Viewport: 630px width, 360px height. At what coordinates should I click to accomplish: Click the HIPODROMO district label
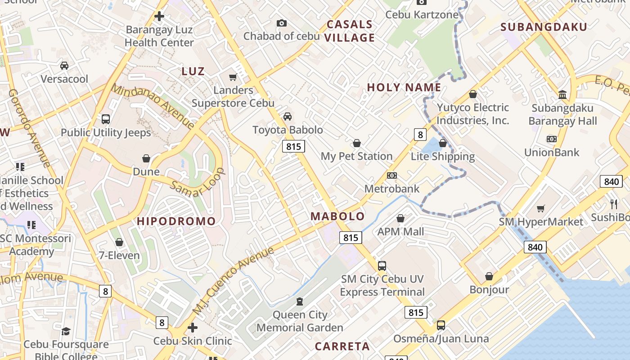(176, 221)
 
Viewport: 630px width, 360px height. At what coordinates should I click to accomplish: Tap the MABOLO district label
(337, 216)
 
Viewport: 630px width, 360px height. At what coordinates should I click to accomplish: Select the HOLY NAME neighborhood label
(404, 87)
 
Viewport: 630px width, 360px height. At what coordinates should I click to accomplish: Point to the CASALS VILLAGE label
(350, 31)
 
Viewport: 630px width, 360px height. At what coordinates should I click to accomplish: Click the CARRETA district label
(342, 346)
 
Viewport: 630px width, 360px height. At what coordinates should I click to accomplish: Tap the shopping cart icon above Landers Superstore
(233, 77)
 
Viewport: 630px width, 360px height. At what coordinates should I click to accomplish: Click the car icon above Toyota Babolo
(288, 117)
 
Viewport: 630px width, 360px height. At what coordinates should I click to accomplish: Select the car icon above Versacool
(64, 66)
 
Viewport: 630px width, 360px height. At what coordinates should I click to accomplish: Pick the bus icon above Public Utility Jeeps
(106, 119)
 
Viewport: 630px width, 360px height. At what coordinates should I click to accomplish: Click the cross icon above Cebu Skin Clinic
(193, 328)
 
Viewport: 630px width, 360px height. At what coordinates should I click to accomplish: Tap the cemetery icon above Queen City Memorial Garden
(300, 301)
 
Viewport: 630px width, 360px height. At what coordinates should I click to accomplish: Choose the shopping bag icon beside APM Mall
(400, 219)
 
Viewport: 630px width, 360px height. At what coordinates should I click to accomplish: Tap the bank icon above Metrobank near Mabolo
(392, 175)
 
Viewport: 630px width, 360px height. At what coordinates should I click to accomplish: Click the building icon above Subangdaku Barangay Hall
(562, 94)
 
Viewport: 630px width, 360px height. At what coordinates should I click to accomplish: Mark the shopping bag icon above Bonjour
(489, 276)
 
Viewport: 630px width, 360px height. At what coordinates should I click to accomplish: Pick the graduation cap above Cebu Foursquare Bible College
(66, 332)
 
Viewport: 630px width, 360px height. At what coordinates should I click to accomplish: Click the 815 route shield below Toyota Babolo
(293, 146)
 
